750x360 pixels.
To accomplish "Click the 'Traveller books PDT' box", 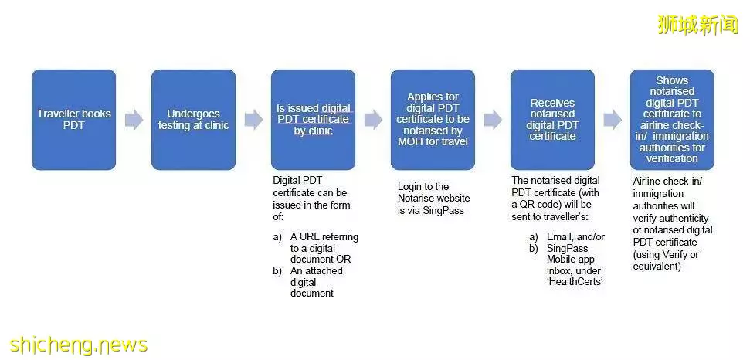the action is tap(73, 120).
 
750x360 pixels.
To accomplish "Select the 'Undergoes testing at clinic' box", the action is tap(193, 120).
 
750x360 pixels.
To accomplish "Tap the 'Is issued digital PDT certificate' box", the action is tap(313, 120).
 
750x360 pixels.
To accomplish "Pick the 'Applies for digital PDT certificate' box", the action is tap(433, 120).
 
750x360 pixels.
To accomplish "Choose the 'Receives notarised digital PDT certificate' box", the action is tap(552, 120).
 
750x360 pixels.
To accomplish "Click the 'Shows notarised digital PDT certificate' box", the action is tap(672, 120).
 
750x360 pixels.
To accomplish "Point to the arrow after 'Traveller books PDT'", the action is tap(134, 120).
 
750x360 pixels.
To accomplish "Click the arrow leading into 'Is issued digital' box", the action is tap(253, 120).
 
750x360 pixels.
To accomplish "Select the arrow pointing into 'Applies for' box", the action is tap(373, 120).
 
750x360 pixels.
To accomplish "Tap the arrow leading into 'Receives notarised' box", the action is tap(493, 120).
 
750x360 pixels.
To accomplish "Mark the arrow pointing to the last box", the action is tap(613, 120).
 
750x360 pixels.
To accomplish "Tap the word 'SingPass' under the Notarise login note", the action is tap(443, 210).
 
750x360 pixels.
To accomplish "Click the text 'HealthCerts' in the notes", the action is tap(575, 282).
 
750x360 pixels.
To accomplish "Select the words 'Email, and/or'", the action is tap(576, 237).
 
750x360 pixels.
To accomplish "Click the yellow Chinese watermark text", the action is tap(698, 25).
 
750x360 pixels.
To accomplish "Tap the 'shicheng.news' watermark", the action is tap(79, 345).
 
